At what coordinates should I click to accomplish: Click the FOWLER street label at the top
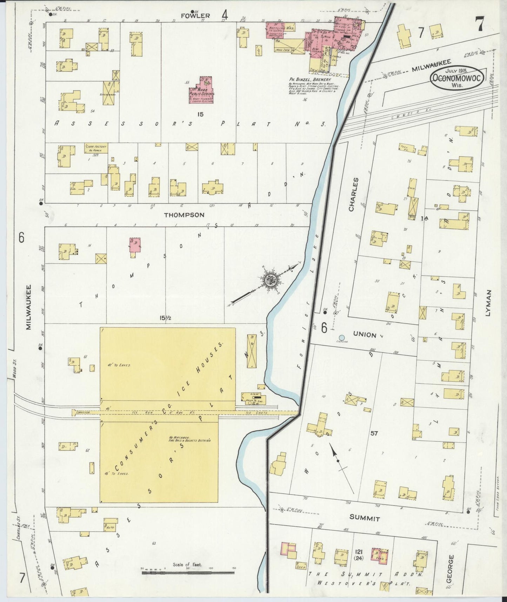tap(195, 15)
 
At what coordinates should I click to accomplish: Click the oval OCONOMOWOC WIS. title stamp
tap(457, 77)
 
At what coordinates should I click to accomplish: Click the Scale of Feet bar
tap(188, 572)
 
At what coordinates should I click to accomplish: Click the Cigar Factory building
tap(96, 148)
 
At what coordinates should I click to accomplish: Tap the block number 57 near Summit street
tap(374, 433)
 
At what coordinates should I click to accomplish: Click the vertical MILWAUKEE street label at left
tap(29, 307)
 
